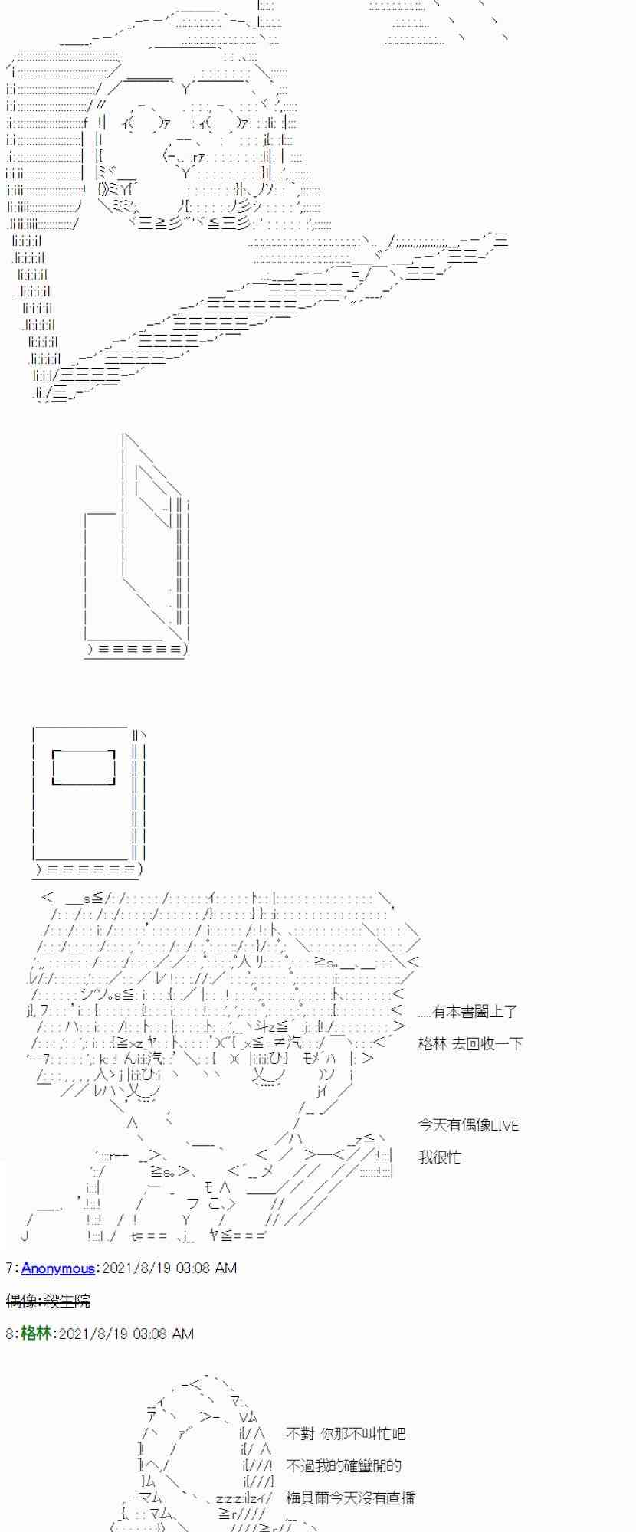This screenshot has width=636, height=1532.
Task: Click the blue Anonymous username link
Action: coord(57,1268)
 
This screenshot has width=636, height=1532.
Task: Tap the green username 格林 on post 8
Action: coord(35,1334)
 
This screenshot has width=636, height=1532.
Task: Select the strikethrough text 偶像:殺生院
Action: coord(48,1301)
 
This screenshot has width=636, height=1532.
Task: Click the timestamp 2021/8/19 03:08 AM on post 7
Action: coord(169,1268)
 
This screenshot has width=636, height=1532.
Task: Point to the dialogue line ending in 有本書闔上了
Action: coord(467,1012)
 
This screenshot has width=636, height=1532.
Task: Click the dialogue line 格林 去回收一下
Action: coord(470,1043)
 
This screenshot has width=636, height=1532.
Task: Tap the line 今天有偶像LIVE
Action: coord(468,1125)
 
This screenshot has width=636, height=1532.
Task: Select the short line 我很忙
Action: coord(440,1157)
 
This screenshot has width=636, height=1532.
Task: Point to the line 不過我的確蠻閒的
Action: coord(343,1465)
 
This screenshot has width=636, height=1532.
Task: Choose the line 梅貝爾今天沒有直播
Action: coord(350,1498)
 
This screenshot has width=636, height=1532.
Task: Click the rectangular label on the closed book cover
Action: coord(84,768)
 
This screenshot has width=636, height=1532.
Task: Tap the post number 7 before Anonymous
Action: coord(8,1268)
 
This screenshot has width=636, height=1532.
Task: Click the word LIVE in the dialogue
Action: coord(504,1125)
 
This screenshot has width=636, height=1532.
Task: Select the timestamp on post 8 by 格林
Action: coord(126,1334)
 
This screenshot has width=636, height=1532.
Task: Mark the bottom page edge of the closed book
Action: coord(89,869)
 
